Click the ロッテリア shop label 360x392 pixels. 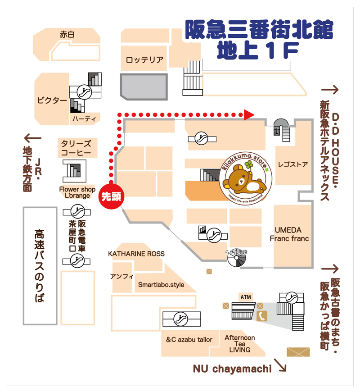(x=144, y=60)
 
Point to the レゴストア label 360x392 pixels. (x=293, y=164)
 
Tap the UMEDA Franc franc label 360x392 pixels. (x=289, y=234)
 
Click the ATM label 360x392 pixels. (x=246, y=297)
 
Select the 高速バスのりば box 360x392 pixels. (x=40, y=266)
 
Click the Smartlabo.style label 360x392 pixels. (x=161, y=285)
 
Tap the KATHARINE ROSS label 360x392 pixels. (x=136, y=254)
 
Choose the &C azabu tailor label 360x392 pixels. (x=189, y=339)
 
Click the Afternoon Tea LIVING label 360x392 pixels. (x=239, y=343)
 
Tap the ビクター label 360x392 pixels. (x=52, y=100)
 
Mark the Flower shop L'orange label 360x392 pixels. (x=77, y=192)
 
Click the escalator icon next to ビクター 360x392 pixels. (x=83, y=92)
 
